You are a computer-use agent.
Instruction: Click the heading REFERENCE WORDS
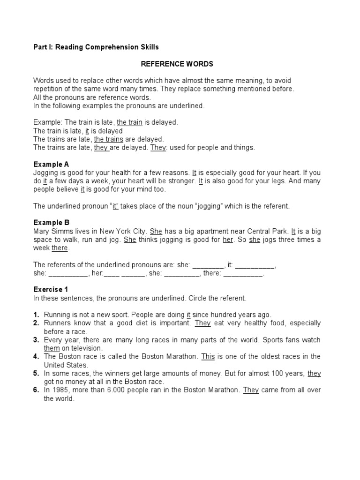click(x=177, y=64)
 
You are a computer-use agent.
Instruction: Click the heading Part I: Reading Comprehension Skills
click(x=96, y=47)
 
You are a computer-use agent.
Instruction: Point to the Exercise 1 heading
click(x=53, y=290)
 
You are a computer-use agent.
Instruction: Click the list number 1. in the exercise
click(x=36, y=315)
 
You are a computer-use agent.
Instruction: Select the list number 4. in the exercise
click(x=36, y=357)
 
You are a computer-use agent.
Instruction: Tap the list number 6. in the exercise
click(x=36, y=390)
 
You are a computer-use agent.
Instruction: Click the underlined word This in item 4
click(x=208, y=357)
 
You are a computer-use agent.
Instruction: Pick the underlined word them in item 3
click(x=52, y=348)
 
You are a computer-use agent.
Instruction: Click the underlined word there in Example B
click(x=60, y=248)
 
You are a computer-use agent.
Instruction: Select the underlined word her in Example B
click(x=228, y=240)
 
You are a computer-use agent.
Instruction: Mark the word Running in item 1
click(x=57, y=315)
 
